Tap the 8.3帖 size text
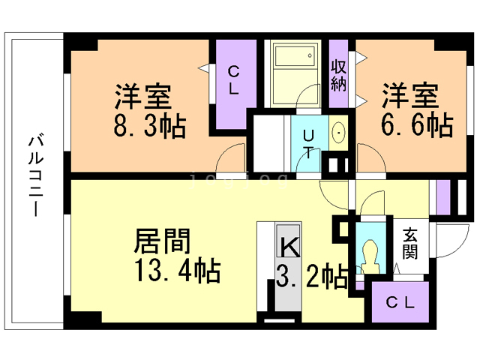[151, 124]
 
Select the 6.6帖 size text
[418, 124]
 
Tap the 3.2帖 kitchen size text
[312, 277]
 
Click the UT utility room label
[308, 142]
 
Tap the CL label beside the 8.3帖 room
[233, 81]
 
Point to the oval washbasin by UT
[339, 133]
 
